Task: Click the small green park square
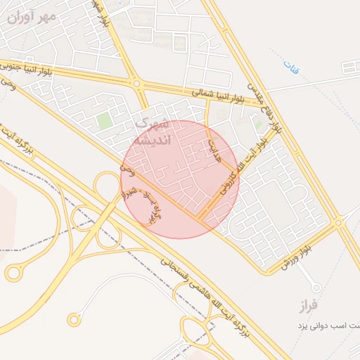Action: click(105, 121)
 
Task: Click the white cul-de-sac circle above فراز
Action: click(316, 287)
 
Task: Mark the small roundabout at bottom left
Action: click(74, 320)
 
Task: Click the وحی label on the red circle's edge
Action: click(125, 170)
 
